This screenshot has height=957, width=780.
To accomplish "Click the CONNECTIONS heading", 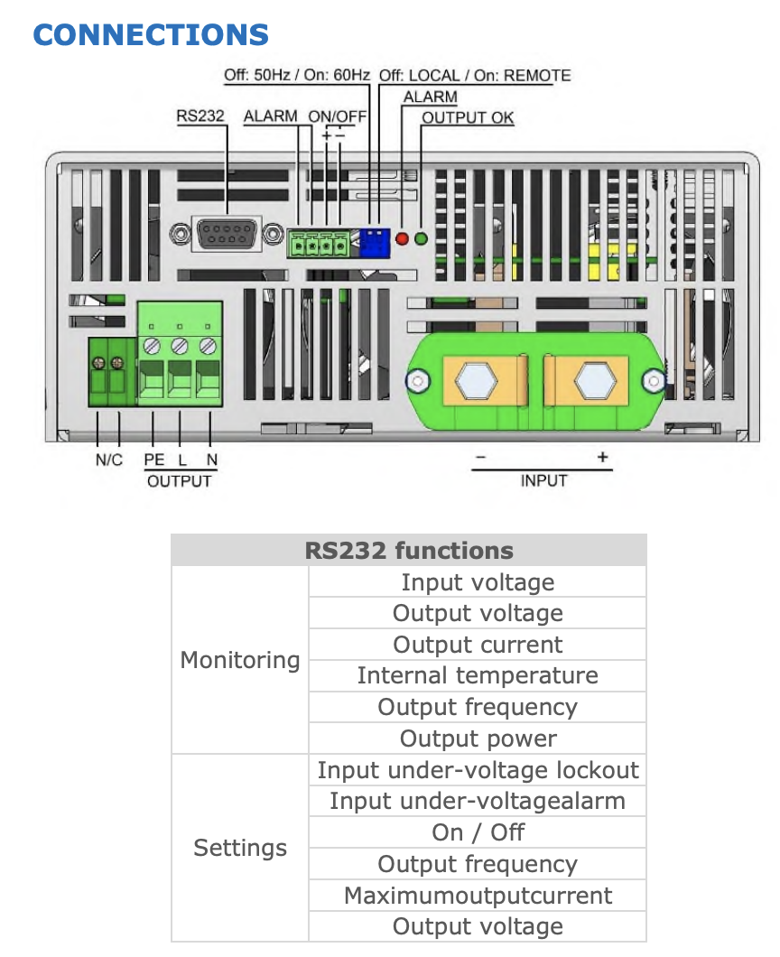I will [151, 35].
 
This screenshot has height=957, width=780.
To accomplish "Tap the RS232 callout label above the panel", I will [200, 116].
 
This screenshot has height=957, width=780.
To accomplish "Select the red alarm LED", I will [403, 239].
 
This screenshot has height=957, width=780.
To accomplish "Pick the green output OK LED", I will [420, 239].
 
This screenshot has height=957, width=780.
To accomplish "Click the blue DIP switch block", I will [372, 241].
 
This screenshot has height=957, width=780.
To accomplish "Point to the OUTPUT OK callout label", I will [468, 117].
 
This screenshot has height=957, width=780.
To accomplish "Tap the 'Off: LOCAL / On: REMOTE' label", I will [475, 75].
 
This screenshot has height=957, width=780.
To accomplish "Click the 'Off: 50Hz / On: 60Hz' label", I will [296, 75].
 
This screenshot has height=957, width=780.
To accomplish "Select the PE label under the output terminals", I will [153, 460].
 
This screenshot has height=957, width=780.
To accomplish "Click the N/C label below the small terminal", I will [109, 460].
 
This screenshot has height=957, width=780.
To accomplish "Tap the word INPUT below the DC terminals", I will [543, 480].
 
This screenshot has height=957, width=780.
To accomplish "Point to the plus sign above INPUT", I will [602, 458].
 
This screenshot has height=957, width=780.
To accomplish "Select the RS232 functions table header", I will [409, 551].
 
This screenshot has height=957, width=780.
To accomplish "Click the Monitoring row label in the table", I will [240, 660].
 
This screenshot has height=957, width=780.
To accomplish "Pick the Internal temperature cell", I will [478, 676].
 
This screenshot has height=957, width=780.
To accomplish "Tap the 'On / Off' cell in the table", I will [478, 832].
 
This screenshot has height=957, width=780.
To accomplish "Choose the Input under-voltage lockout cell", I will [478, 770].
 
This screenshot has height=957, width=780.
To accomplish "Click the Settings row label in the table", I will [240, 848].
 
